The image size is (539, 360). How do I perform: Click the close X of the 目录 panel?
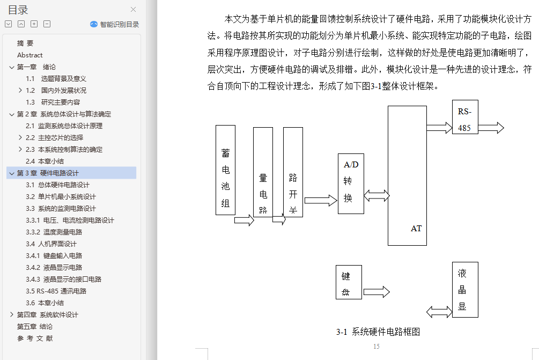(x=134, y=9)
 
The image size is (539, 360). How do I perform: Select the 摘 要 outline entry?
(x=25, y=43)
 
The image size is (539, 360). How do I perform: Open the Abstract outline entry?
(x=29, y=55)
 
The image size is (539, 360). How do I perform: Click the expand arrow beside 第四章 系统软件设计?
(x=12, y=315)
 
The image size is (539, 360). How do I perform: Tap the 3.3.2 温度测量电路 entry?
(x=54, y=232)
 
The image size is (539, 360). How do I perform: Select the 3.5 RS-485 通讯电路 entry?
(x=56, y=291)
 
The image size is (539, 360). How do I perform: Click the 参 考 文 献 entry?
(x=35, y=339)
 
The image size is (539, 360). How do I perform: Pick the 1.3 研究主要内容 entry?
(x=53, y=102)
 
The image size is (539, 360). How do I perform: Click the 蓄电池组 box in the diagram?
(x=225, y=170)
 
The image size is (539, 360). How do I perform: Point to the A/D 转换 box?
(x=351, y=183)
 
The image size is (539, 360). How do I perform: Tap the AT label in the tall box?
(x=416, y=229)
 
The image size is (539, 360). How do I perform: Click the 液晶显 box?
(x=464, y=289)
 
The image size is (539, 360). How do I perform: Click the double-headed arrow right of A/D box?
(x=376, y=196)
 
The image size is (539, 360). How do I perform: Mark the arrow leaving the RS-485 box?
(x=491, y=128)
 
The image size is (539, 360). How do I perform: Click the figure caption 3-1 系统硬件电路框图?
(x=378, y=332)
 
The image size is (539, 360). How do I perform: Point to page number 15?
(x=376, y=347)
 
